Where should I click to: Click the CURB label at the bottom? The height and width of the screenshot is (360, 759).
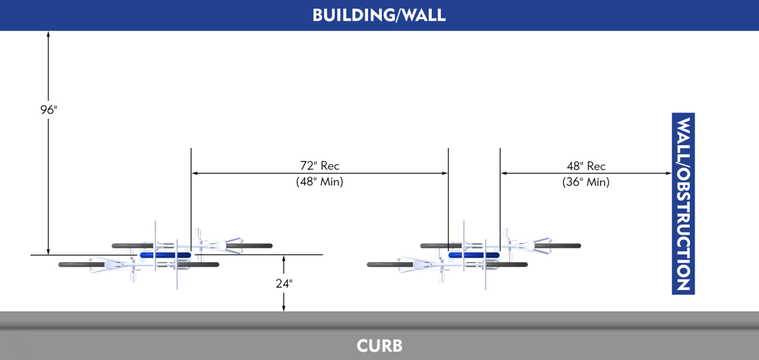point(379,346)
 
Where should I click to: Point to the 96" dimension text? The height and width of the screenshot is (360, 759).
point(49,110)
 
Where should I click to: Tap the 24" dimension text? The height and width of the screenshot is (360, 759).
point(283,283)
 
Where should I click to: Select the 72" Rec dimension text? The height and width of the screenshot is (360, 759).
point(320,166)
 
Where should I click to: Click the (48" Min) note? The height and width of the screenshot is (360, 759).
point(320,182)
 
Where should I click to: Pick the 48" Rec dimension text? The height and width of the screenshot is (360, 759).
point(586,166)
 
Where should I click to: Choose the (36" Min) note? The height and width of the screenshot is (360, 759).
point(586,182)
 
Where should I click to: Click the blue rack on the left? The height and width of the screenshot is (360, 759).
point(165,255)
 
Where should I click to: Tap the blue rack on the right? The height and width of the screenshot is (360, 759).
point(474,255)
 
